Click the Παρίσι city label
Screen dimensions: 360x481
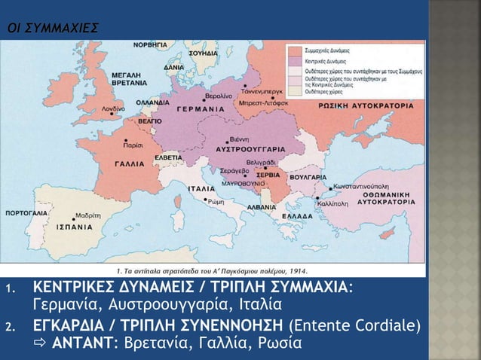(135, 142)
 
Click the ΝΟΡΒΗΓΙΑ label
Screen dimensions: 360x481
(152, 45)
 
